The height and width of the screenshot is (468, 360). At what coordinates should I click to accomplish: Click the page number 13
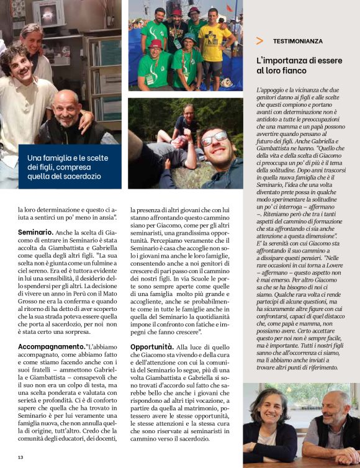[20, 457]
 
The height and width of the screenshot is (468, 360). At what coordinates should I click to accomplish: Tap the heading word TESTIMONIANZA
[297, 41]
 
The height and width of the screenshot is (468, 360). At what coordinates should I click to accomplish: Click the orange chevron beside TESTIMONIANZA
[259, 41]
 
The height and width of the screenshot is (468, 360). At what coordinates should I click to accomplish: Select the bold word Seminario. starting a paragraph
[35, 232]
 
